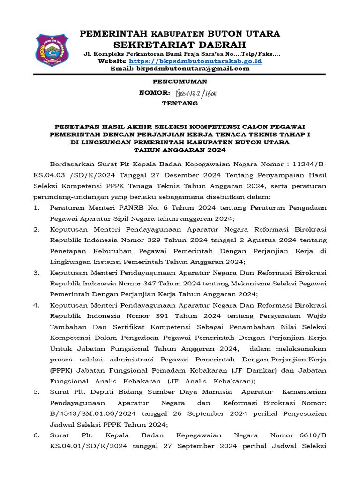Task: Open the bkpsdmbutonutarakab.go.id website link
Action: point(195,61)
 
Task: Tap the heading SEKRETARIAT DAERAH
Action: point(180,45)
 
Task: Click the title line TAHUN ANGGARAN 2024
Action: point(180,150)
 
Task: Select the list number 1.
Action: point(36,208)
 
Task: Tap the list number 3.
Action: point(36,273)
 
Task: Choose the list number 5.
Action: point(36,392)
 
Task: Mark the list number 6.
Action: point(36,435)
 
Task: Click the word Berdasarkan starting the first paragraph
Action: point(72,164)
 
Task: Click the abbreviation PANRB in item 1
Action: point(134,208)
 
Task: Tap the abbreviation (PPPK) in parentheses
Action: point(62,370)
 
